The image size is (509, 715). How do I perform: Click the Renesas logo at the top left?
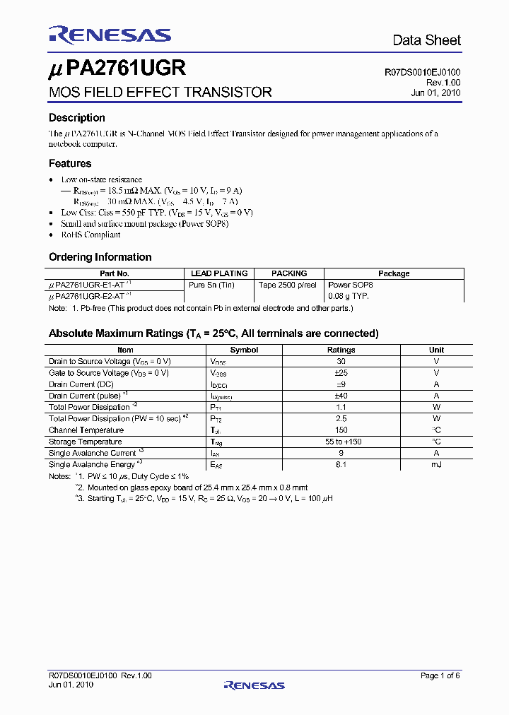coord(110,35)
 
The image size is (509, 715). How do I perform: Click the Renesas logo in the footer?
coord(254,685)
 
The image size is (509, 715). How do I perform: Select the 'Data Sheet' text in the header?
coord(426,40)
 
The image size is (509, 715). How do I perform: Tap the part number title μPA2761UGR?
coord(117,69)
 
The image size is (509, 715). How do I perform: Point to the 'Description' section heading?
coord(76,118)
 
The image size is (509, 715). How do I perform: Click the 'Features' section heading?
coord(69,163)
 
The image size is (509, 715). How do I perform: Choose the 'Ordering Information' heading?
coord(100,257)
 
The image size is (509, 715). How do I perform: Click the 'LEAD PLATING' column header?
coord(219,273)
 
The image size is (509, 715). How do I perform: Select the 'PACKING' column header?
coord(289,273)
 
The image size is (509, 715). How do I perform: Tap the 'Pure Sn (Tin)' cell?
coord(211,285)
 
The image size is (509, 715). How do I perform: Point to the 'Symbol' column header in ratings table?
coord(244,350)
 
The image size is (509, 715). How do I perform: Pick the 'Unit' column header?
coord(436,350)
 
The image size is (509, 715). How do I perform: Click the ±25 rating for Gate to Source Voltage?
coord(341,373)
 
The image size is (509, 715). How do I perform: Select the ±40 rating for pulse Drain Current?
coord(341,396)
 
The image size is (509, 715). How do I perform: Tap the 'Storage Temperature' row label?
coord(86,442)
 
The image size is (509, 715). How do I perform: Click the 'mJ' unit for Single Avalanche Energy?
coord(436,464)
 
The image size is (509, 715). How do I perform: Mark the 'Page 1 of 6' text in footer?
coord(440,676)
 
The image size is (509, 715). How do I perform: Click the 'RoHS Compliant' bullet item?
coord(90,235)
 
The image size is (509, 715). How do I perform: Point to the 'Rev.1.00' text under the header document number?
coord(443,82)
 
